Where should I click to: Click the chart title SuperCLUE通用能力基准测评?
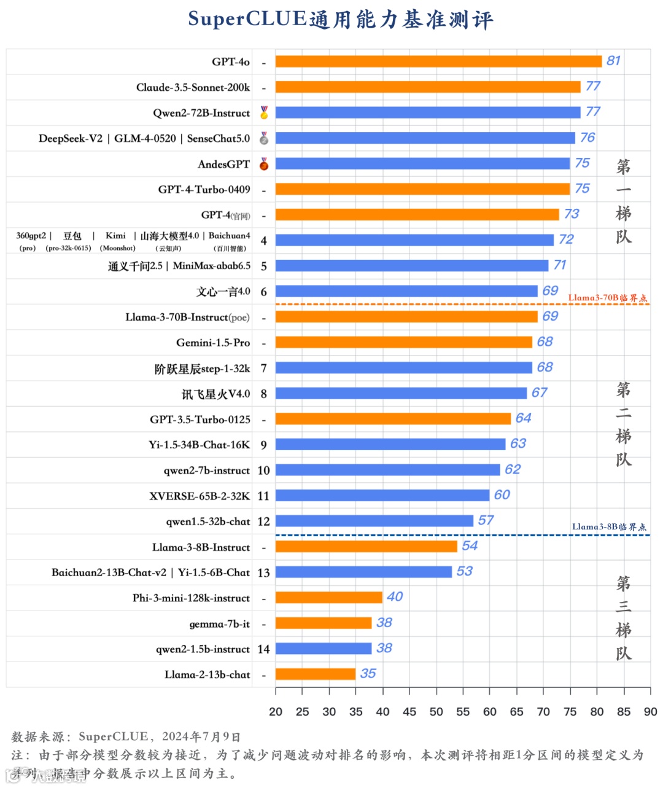click(x=341, y=20)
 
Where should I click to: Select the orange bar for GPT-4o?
click(x=438, y=61)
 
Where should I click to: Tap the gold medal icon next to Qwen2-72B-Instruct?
click(x=264, y=112)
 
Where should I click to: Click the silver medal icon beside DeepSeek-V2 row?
click(x=264, y=138)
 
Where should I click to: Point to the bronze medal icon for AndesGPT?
click(x=264, y=164)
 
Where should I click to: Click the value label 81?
click(x=613, y=61)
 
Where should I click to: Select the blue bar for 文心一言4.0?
click(x=406, y=291)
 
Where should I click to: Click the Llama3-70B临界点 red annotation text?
click(x=607, y=298)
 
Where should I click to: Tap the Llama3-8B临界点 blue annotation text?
click(x=609, y=527)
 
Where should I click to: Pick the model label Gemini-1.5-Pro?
click(x=213, y=343)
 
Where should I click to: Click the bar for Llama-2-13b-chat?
click(x=316, y=674)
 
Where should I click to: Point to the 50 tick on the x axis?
click(x=436, y=711)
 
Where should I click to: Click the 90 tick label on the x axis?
click(x=650, y=711)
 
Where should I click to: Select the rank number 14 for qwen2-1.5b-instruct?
click(x=263, y=649)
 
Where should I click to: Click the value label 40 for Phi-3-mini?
click(x=395, y=597)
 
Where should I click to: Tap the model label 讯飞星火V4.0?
click(x=215, y=394)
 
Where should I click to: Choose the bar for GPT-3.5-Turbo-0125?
click(x=393, y=419)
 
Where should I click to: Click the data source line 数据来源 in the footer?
click(x=126, y=736)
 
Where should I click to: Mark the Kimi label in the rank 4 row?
click(x=115, y=236)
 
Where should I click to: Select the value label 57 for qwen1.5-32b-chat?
click(x=486, y=520)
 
